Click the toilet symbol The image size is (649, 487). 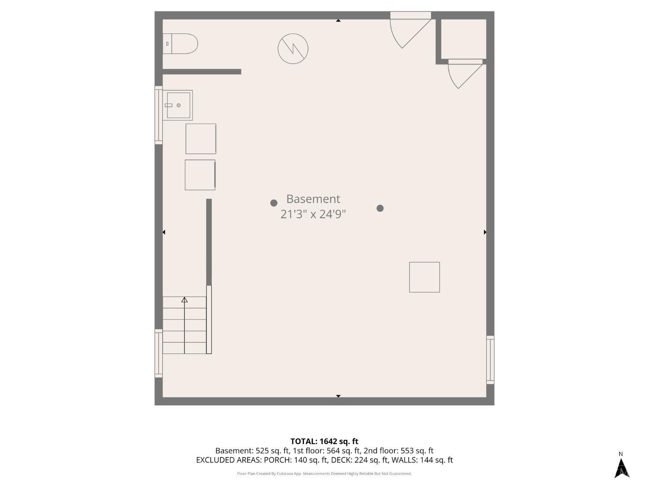[180, 43]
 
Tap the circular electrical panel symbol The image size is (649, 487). [293, 48]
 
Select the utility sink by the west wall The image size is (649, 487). [177, 105]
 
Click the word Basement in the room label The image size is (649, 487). [313, 199]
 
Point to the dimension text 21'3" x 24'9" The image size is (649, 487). [313, 214]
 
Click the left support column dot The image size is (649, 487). [274, 203]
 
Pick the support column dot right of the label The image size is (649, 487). [380, 208]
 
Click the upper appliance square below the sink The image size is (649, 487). [201, 139]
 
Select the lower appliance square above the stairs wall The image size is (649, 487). [200, 175]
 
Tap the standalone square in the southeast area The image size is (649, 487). [424, 277]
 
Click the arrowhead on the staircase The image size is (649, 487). [184, 300]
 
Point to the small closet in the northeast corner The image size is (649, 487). [464, 39]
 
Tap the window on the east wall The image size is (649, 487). [490, 360]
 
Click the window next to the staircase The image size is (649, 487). [159, 353]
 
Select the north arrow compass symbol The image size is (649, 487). [622, 470]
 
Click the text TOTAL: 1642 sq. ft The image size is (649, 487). [324, 442]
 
